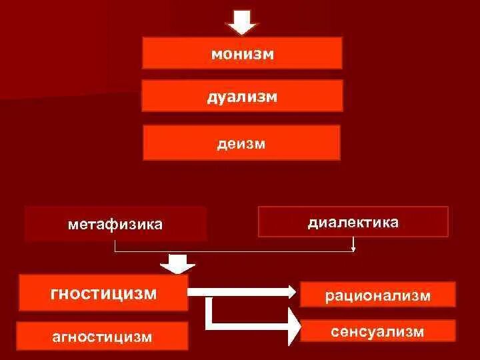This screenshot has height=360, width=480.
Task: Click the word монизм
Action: (x=242, y=54)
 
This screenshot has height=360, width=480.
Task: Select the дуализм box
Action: (x=242, y=96)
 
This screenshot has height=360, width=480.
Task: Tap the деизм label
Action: (x=241, y=143)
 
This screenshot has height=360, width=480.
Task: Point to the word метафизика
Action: (x=115, y=224)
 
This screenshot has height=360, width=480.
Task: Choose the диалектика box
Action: (x=353, y=222)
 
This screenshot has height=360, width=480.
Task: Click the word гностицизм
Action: (x=103, y=293)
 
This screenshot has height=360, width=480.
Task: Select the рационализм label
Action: (x=378, y=295)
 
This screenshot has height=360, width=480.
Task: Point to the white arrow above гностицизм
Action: (x=177, y=264)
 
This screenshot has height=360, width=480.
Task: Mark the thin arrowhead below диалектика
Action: (x=353, y=249)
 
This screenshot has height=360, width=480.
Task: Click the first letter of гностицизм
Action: (x=55, y=293)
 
